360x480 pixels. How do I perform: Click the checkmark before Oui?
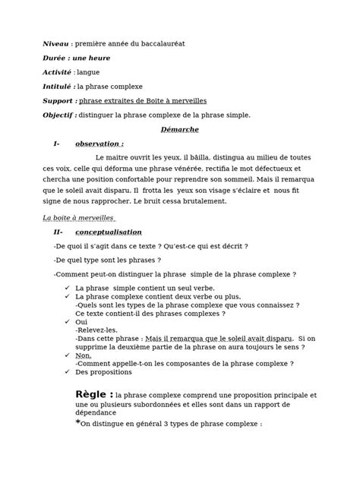point(68,322)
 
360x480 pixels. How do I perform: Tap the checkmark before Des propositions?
point(68,372)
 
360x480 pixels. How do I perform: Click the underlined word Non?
point(84,355)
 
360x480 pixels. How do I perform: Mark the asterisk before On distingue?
point(77,422)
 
